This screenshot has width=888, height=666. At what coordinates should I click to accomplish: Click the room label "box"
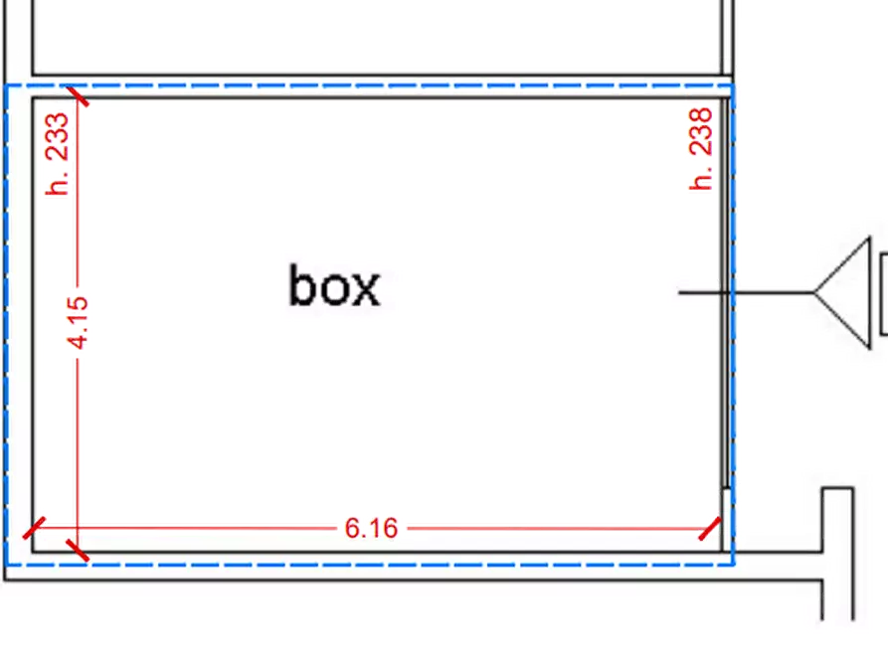click(x=335, y=286)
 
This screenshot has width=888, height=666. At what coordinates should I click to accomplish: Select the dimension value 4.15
click(x=78, y=322)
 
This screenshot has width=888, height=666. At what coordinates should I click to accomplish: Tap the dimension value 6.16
click(x=372, y=528)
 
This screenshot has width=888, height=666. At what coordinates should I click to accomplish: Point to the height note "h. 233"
click(x=58, y=154)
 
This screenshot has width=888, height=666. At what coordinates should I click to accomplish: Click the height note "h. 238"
click(x=700, y=149)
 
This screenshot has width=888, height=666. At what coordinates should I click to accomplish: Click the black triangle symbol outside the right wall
click(x=842, y=293)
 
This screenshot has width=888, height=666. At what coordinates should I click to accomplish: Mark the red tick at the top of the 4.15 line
click(x=78, y=95)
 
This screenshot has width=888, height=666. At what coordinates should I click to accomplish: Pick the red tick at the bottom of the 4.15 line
click(x=78, y=550)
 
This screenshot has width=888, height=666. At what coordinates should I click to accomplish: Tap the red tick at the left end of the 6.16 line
click(x=34, y=528)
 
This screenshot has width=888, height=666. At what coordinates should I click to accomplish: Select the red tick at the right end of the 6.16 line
click(x=710, y=529)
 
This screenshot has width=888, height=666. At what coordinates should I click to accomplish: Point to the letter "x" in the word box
click(x=366, y=291)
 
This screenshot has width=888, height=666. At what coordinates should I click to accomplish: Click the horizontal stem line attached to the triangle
click(x=747, y=293)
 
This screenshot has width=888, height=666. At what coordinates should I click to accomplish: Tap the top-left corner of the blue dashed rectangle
click(x=6, y=86)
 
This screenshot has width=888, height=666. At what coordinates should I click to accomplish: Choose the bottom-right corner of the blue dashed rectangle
click(x=734, y=564)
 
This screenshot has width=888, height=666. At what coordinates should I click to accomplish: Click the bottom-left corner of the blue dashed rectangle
click(x=6, y=564)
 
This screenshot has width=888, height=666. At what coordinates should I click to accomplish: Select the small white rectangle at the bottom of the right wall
click(x=726, y=519)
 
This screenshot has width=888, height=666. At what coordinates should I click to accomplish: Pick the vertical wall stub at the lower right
click(x=838, y=554)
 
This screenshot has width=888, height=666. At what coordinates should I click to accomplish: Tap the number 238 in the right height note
click(x=700, y=132)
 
